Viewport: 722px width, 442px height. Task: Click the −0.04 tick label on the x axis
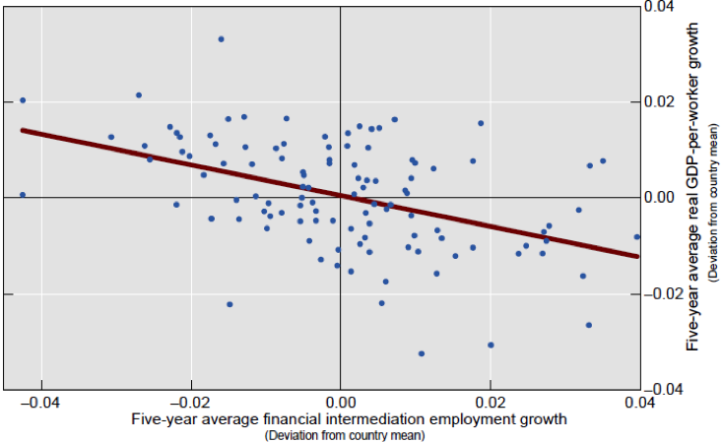[x=38, y=404]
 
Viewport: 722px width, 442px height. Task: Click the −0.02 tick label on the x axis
[x=188, y=404]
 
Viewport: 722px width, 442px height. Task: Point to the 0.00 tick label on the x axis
[x=340, y=404]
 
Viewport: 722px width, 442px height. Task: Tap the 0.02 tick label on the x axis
[x=490, y=404]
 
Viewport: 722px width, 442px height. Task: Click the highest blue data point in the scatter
[x=221, y=39]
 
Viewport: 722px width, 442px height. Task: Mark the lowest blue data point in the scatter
[x=422, y=353]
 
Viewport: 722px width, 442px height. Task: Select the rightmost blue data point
[x=637, y=237]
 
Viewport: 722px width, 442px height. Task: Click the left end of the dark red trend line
[x=23, y=130]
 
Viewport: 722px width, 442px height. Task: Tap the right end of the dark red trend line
[x=638, y=256]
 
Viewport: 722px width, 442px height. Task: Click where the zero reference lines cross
[x=340, y=197]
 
